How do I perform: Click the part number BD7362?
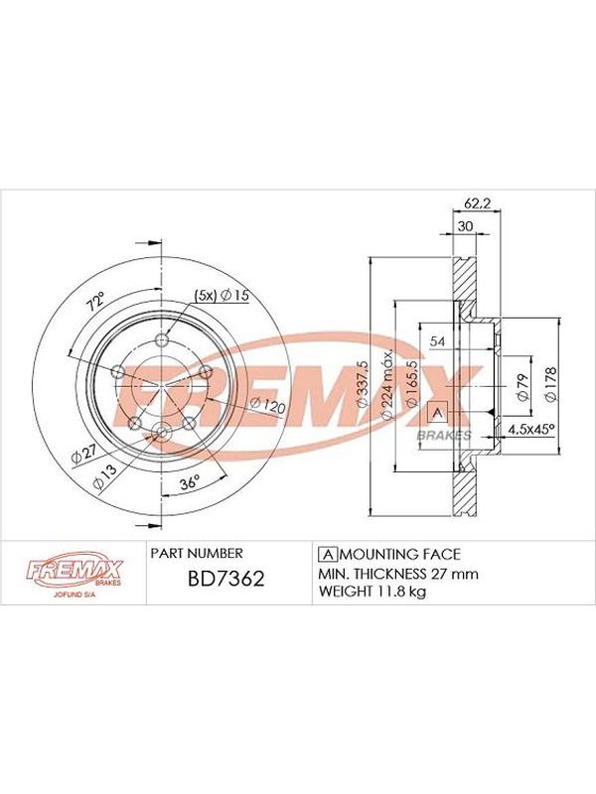click(x=226, y=579)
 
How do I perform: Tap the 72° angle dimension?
click(x=95, y=302)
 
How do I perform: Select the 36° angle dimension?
click(x=190, y=482)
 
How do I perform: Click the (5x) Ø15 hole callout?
click(x=223, y=295)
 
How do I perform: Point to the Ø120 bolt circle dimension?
click(x=268, y=406)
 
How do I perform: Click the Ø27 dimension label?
click(x=83, y=454)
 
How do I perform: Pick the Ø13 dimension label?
click(x=104, y=476)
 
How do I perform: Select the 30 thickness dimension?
click(x=465, y=226)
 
